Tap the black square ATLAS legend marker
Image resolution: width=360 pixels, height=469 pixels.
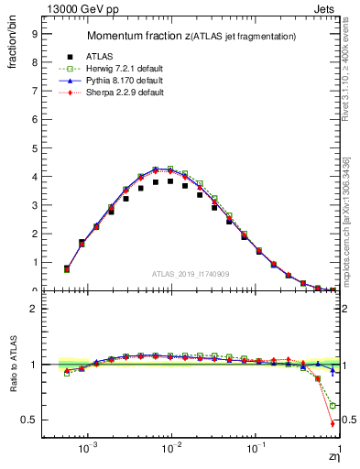[x=67, y=55]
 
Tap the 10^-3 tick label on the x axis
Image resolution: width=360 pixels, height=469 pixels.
[x=88, y=450]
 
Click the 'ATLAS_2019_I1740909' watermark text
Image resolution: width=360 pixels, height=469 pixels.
[x=190, y=273]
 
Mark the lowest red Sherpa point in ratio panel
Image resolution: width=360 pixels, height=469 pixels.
[x=332, y=423]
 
